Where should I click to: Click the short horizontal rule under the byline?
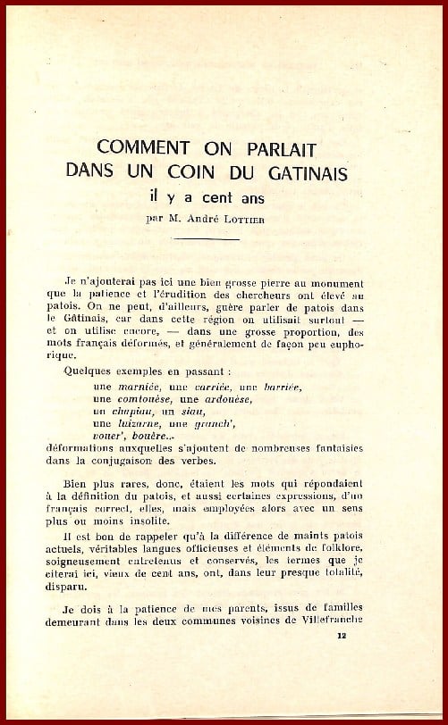[224, 238]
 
